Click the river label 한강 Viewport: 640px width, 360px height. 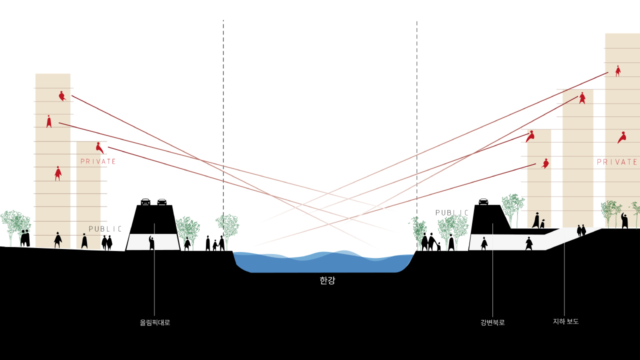(327, 280)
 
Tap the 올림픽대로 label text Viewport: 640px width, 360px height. (155, 322)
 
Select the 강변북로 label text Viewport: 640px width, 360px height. (492, 322)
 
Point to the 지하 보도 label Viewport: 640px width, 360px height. (565, 321)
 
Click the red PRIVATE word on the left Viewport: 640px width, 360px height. (98, 161)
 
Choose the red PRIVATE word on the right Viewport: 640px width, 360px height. (617, 162)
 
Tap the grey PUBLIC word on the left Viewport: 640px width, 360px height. (105, 229)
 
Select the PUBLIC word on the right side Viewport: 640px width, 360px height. (452, 212)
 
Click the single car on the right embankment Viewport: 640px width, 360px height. (483, 201)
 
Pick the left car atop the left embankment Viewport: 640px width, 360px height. (145, 201)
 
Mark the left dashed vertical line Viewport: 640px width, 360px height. (223, 134)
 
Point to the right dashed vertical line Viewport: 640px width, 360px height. (417, 137)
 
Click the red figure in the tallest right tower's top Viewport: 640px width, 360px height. (618, 71)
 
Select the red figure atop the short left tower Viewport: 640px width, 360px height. (99, 147)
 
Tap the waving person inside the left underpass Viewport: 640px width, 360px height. (151, 242)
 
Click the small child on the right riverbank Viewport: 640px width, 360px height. (438, 246)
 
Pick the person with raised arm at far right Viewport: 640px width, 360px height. (624, 221)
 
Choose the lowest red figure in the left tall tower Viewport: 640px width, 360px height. (58, 173)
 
